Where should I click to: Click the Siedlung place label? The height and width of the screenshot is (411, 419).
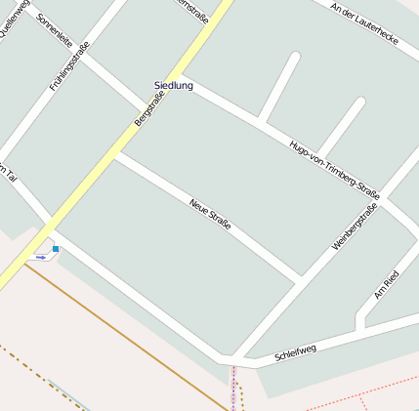[x=174, y=86]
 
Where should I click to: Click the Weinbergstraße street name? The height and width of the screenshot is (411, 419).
[x=355, y=223]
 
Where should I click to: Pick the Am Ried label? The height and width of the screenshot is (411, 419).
[x=387, y=283]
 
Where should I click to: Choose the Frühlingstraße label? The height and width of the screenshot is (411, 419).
[x=69, y=65]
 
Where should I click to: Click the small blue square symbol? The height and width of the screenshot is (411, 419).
[x=56, y=249]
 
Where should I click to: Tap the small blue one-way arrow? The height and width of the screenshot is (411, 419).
[x=41, y=257]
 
